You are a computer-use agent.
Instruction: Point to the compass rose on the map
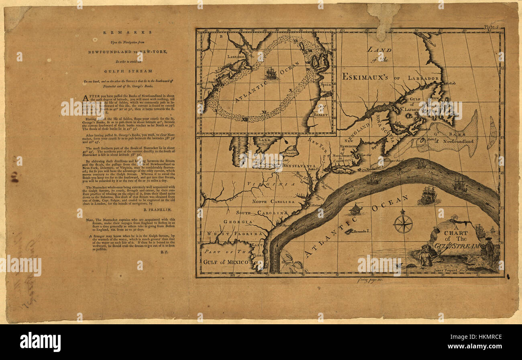pos(403,222)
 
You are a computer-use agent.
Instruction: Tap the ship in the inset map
pos(271,73)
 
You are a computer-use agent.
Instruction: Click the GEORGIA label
pos(239,222)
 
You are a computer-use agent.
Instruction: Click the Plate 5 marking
pos(491,27)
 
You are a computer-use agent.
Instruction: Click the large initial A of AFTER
pos(85,98)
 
